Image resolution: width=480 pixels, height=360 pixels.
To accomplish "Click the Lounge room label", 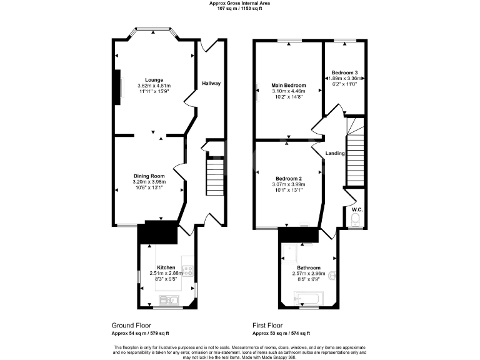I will [x=154, y=79].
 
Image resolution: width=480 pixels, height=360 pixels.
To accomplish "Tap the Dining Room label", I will [x=149, y=176].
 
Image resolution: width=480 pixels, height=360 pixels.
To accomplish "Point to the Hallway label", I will [x=211, y=83].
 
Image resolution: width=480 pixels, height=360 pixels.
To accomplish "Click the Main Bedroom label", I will [x=288, y=85].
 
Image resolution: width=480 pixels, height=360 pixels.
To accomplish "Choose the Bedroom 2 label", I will [x=287, y=177].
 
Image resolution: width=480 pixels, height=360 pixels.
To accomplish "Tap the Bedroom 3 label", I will [x=344, y=72].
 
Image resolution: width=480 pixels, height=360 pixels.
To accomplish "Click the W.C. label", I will [x=356, y=209].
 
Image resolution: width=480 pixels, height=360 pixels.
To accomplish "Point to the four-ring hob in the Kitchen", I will [x=187, y=270].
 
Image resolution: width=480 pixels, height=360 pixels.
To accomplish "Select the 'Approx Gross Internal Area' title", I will [x=240, y=3].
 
